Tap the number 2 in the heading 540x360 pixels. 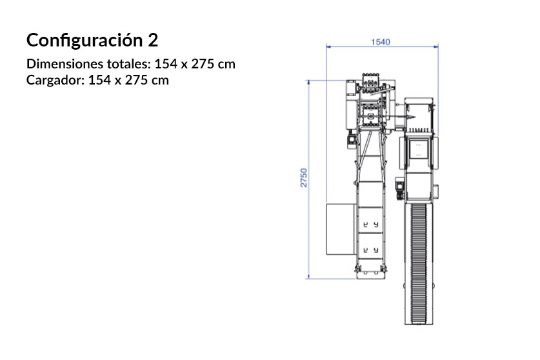[x=152, y=41]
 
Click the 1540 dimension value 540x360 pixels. [x=380, y=42]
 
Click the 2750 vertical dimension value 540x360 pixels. [x=303, y=179]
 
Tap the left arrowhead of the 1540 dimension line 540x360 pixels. [x=328, y=46]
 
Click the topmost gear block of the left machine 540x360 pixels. [x=369, y=83]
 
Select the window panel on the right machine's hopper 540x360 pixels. [x=420, y=148]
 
